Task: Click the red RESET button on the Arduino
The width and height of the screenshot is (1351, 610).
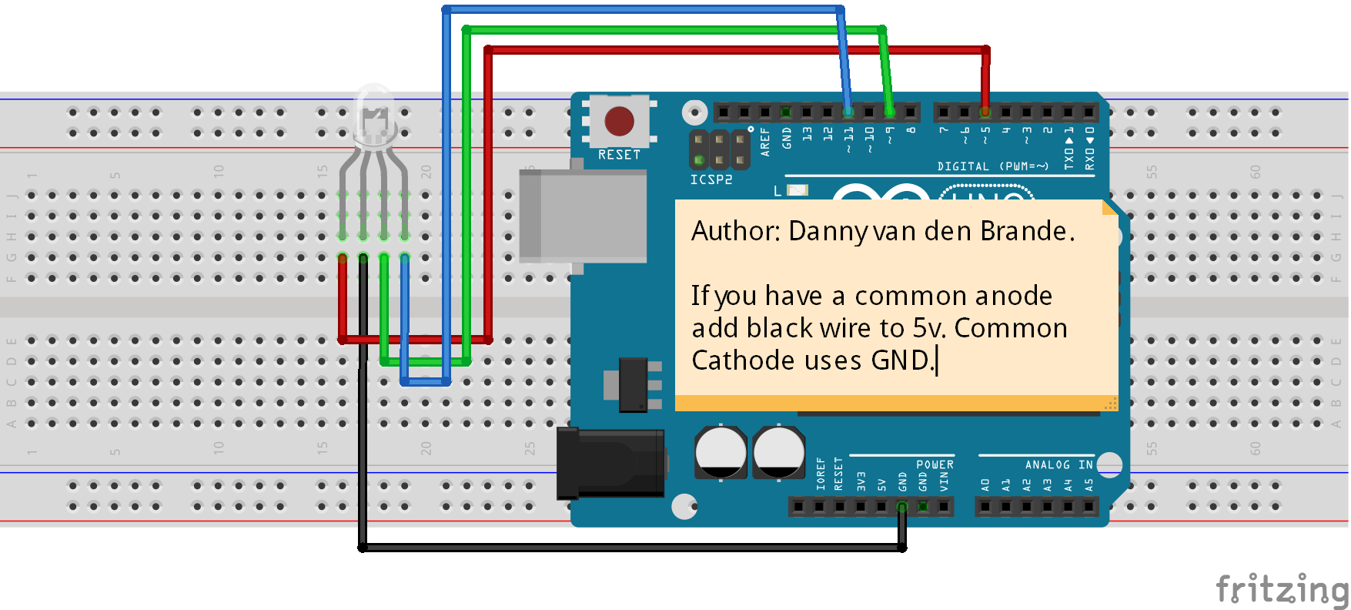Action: pyautogui.click(x=619, y=121)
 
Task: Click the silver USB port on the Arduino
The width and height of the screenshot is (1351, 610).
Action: pyautogui.click(x=582, y=216)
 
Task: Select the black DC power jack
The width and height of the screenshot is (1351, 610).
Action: pyautogui.click(x=611, y=463)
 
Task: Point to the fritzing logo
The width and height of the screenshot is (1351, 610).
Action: pyautogui.click(x=1281, y=590)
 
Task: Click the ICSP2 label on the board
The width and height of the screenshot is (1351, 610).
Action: pyautogui.click(x=711, y=179)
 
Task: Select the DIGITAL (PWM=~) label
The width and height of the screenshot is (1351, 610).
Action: pyautogui.click(x=992, y=166)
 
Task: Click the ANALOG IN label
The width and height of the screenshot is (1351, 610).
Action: pyautogui.click(x=1058, y=464)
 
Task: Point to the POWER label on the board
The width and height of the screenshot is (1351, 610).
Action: pyautogui.click(x=935, y=464)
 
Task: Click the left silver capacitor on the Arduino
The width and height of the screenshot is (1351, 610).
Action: pyautogui.click(x=721, y=452)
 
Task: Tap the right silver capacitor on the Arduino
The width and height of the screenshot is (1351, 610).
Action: pyautogui.click(x=778, y=452)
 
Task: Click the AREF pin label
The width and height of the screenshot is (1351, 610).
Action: pyautogui.click(x=765, y=142)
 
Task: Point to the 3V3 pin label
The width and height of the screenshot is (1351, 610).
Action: pyautogui.click(x=861, y=481)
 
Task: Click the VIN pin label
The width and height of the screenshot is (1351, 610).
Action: pyautogui.click(x=944, y=481)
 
